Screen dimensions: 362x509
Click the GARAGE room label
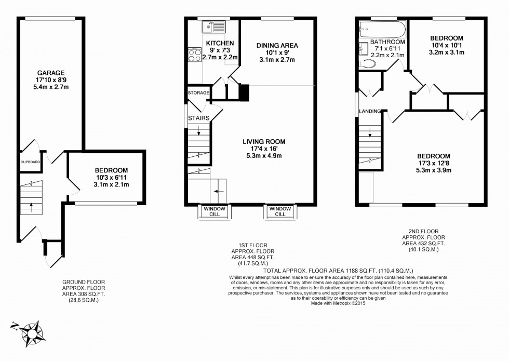pyautogui.click(x=51, y=72)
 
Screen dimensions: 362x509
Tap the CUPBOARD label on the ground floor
pyautogui.click(x=30, y=162)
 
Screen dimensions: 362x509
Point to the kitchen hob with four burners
pyautogui.click(x=195, y=55)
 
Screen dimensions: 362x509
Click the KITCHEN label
pyautogui.click(x=219, y=43)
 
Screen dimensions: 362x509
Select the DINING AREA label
pyautogui.click(x=277, y=46)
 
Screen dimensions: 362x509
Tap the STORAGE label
pyautogui.click(x=198, y=93)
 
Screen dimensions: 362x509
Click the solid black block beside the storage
pyautogui.click(x=244, y=92)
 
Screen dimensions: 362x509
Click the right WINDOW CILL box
pyautogui.click(x=279, y=211)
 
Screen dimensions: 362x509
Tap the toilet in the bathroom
pyautogui.click(x=367, y=64)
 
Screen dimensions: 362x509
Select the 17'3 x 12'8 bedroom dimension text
pyautogui.click(x=432, y=163)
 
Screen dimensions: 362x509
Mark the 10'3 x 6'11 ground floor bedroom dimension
pyautogui.click(x=111, y=177)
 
